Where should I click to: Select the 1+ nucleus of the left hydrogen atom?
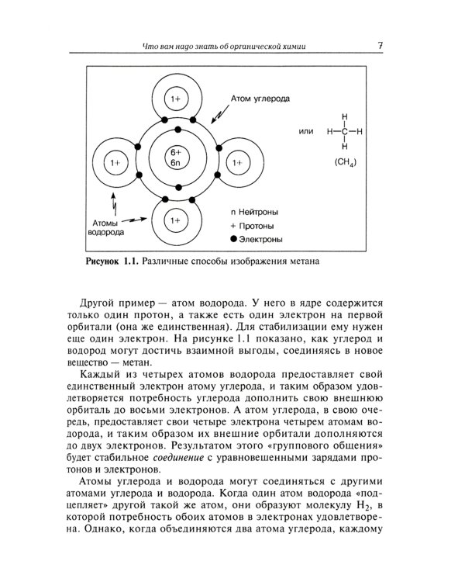(116, 163)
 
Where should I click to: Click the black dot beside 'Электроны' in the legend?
(234, 240)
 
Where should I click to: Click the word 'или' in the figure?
(305, 131)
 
